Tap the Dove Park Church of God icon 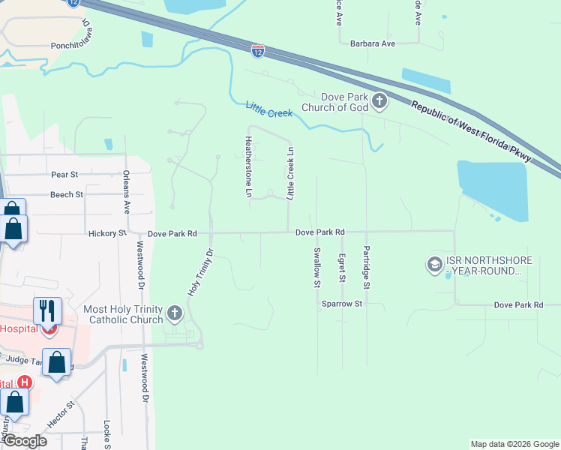tap(379, 102)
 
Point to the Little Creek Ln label tap(290, 173)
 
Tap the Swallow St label tap(317, 268)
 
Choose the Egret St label tap(341, 268)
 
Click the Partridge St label tap(367, 268)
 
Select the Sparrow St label tap(342, 304)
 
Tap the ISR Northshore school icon tap(434, 265)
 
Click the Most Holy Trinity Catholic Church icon tap(175, 314)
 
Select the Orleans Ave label tap(127, 191)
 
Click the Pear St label tap(64, 175)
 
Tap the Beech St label tap(67, 194)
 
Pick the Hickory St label tap(106, 234)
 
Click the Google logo tap(24, 441)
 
